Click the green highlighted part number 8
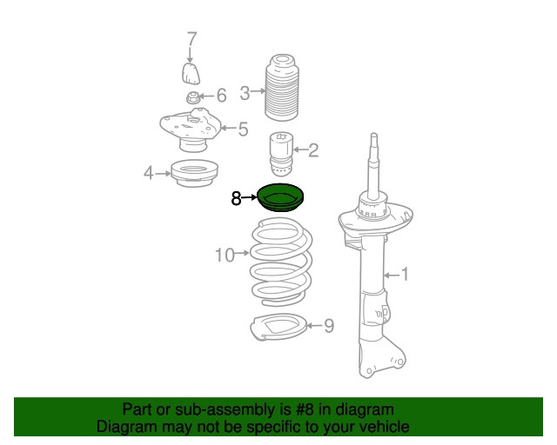coord(280,197)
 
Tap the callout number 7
coord(191,39)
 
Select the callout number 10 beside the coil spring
coord(225,256)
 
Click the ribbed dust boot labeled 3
coord(282,88)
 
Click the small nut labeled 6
coord(193,97)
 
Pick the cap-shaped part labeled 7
coord(191,74)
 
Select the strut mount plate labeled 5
coord(191,130)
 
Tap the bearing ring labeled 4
coord(194,174)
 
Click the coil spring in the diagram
coord(280,262)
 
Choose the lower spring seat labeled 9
coord(278,327)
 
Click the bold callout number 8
coord(236,198)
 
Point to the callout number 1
coord(405,275)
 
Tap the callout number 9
coord(329,325)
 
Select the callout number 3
coord(245,93)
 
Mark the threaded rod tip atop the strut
coord(373,136)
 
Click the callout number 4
coord(149,173)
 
